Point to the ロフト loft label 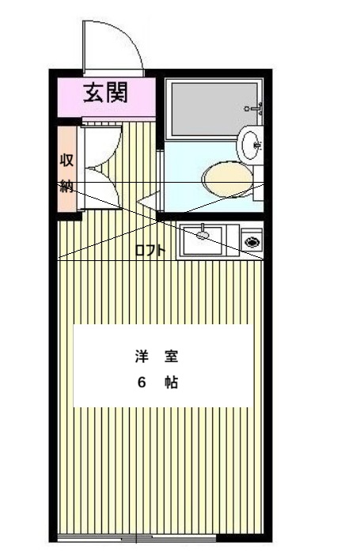(150, 251)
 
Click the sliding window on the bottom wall (135, 539)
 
